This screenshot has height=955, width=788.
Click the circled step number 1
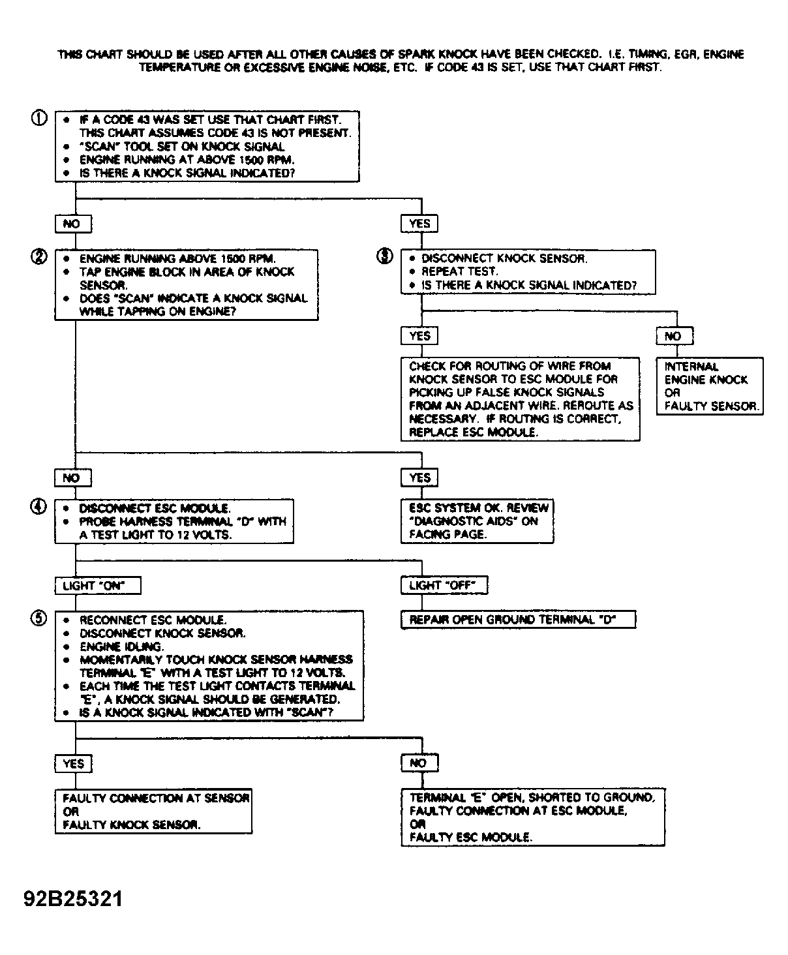point(39,118)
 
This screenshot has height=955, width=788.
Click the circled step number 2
point(39,256)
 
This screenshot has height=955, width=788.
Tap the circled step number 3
point(385,256)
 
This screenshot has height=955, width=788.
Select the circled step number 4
point(38,506)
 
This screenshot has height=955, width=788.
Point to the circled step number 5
point(38,618)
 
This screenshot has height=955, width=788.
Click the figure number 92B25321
point(73,898)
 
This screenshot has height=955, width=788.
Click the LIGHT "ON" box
point(98,585)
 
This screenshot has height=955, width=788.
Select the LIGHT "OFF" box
point(444,585)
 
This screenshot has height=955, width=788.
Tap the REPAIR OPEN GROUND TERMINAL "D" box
point(519,620)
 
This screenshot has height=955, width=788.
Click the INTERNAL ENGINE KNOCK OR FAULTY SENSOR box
point(710,386)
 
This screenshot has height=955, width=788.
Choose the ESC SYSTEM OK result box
point(477,521)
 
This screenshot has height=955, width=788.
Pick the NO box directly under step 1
point(73,224)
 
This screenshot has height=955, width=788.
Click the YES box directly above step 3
point(419,224)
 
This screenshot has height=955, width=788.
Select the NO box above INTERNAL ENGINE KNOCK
point(675,336)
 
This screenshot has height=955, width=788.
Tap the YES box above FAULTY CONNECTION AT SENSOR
point(74,763)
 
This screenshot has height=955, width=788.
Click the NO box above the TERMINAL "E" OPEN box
point(420,763)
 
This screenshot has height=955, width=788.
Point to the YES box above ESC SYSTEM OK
point(419,478)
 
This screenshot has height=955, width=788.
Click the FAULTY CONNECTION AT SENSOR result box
point(154,811)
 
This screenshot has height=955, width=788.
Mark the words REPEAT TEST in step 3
point(459,271)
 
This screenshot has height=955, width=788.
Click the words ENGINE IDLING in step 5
point(121,646)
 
